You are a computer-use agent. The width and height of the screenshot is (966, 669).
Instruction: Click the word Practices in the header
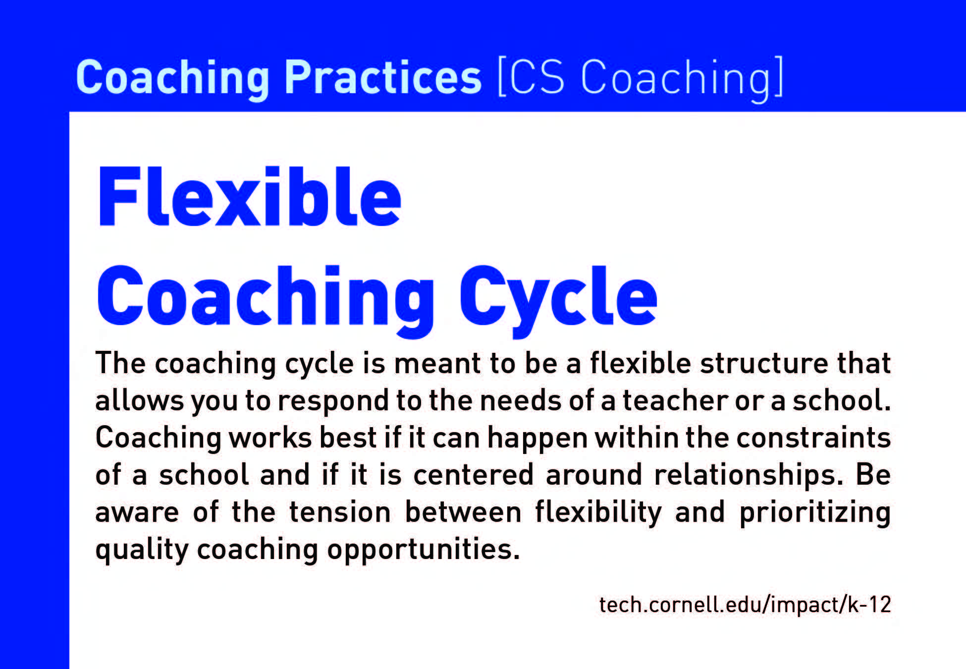tap(382, 77)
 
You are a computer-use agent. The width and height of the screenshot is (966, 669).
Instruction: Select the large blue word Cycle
tap(558, 300)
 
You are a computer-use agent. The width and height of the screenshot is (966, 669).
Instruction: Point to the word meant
tap(437, 363)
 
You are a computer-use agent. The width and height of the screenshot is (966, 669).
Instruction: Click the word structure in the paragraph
tap(764, 363)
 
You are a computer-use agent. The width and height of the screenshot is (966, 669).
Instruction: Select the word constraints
tap(814, 438)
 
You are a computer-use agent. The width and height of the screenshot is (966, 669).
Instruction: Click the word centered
tap(473, 474)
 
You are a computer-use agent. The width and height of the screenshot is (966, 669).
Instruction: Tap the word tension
tap(340, 511)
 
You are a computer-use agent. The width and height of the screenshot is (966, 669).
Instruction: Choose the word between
tap(463, 511)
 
